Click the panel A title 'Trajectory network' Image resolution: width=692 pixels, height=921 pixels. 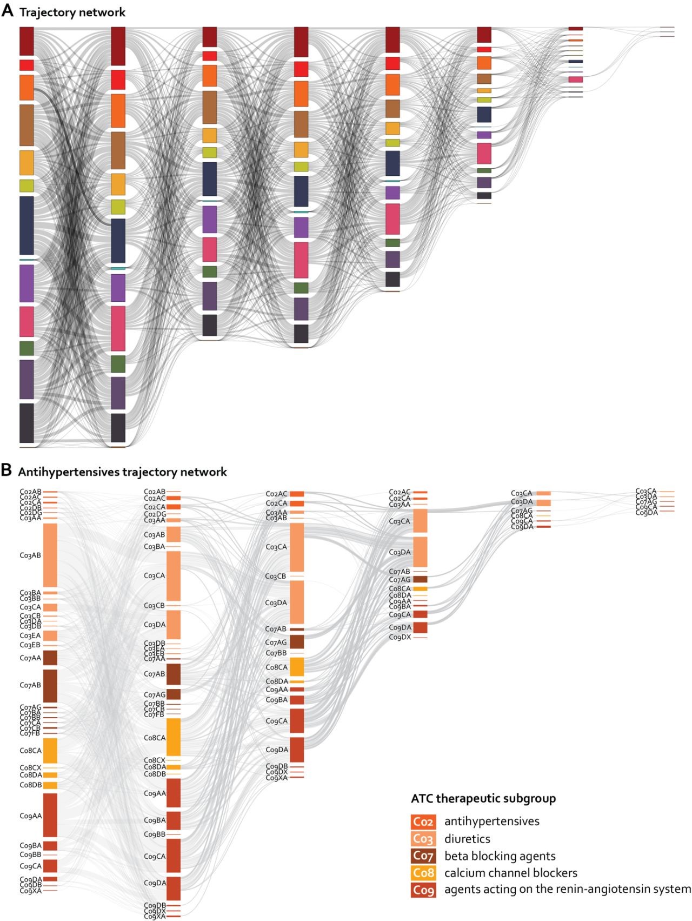(72, 12)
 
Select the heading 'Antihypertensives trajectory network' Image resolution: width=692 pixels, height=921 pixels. (122, 472)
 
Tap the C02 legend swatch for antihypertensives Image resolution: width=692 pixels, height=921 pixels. (423, 822)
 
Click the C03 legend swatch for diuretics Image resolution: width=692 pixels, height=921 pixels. (423, 839)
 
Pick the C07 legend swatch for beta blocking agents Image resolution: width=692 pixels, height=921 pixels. (423, 856)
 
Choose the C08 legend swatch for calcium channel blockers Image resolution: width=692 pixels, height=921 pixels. (423, 873)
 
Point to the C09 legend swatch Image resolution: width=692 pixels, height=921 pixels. (423, 890)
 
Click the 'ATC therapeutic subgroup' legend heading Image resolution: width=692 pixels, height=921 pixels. (483, 799)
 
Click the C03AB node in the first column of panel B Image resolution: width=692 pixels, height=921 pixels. (50, 555)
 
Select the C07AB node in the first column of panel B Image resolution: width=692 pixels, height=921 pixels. (50, 686)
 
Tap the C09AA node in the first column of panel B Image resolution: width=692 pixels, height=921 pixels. (50, 815)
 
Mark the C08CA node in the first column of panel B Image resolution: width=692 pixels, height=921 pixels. (50, 751)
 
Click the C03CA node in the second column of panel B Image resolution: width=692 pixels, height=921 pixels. (174, 576)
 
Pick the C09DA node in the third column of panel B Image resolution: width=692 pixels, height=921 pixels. (297, 750)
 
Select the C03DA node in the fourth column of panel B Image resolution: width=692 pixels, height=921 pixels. (420, 552)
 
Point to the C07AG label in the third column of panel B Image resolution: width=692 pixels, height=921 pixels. (276, 642)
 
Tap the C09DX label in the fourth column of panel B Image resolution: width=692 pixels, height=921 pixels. (400, 638)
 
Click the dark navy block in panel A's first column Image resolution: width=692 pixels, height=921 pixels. (26, 225)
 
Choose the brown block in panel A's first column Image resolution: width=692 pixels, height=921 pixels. (26, 125)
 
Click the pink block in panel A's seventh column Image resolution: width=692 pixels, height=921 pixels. (576, 79)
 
